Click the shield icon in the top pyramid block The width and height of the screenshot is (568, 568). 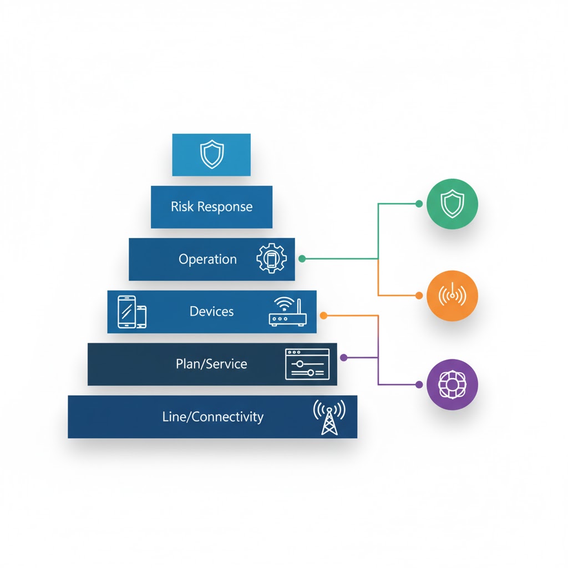[x=211, y=155]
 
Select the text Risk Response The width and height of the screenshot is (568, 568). [x=211, y=207]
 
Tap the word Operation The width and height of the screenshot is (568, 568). [x=207, y=259]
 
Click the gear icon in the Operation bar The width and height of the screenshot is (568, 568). [x=271, y=259]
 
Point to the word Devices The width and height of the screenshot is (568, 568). [x=211, y=311]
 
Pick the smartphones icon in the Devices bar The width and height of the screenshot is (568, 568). [x=132, y=311]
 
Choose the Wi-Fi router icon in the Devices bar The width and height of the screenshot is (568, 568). [x=287, y=312]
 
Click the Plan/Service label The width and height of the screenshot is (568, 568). [x=211, y=364]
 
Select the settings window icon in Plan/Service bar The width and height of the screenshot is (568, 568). [x=307, y=364]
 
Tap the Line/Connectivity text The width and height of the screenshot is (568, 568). [x=212, y=417]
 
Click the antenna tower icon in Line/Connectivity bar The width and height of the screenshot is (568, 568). [x=329, y=417]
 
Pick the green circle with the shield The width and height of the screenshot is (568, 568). [x=453, y=204]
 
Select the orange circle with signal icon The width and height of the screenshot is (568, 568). [x=453, y=296]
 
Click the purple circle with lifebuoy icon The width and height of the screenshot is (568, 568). [x=453, y=384]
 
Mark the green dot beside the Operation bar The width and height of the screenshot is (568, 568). [x=302, y=259]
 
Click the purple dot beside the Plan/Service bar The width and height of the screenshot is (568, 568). [x=343, y=358]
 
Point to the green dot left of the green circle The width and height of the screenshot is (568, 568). [x=419, y=204]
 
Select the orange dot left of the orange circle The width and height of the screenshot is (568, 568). [x=419, y=295]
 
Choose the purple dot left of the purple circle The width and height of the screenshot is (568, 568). [x=419, y=384]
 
